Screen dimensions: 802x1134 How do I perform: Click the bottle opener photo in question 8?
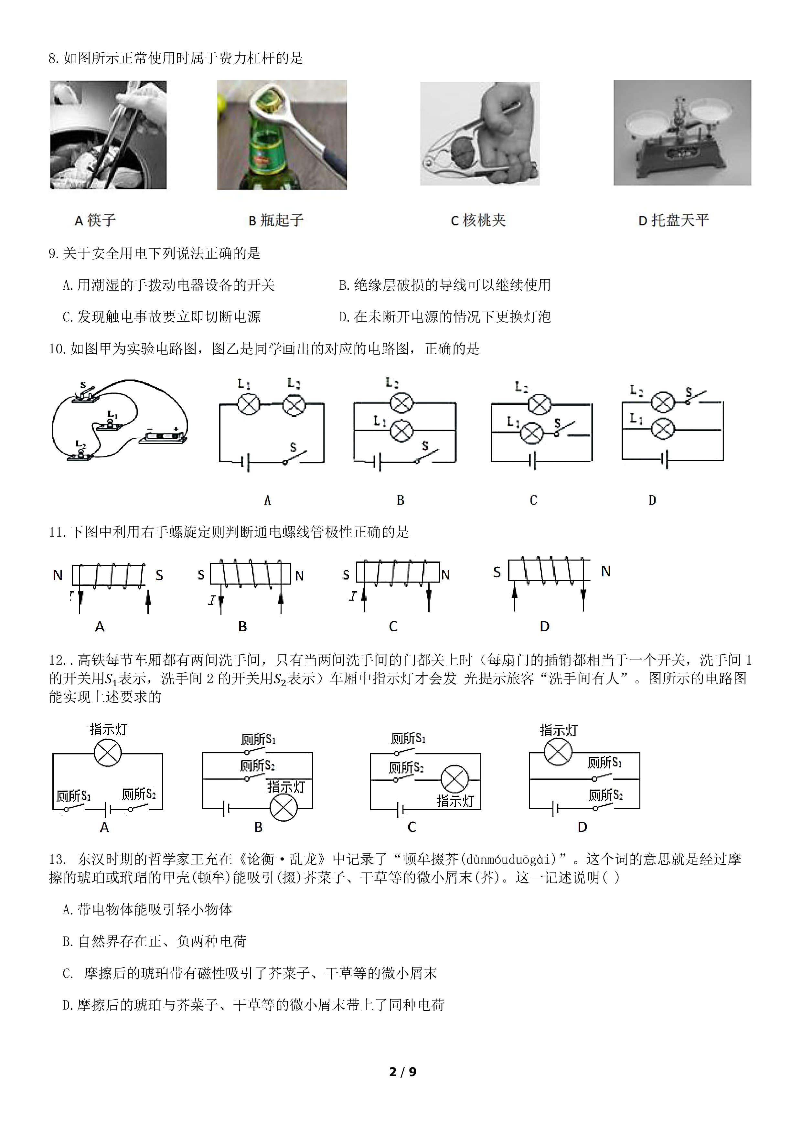click(x=282, y=135)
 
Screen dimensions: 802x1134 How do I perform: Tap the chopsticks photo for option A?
click(x=108, y=135)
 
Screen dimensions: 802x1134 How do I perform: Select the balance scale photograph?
click(x=682, y=133)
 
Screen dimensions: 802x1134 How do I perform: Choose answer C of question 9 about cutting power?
click(x=162, y=316)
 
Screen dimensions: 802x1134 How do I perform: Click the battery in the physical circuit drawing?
click(x=163, y=437)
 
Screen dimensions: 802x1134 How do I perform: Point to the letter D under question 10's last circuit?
click(x=652, y=500)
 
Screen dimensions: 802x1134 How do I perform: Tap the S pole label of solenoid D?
click(x=497, y=572)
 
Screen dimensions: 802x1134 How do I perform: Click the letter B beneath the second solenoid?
click(x=242, y=626)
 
